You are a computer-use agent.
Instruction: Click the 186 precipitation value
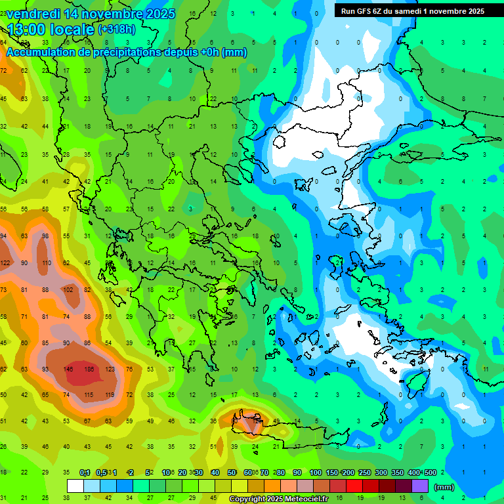tap(89, 369)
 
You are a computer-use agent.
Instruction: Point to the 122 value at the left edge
tap(5, 263)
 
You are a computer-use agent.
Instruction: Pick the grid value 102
tap(67, 289)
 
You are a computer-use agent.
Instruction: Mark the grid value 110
tap(46, 263)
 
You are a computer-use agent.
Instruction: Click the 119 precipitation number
tap(109, 395)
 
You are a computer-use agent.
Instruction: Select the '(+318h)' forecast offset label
tap(117, 30)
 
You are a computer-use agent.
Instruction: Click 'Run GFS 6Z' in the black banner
tap(365, 10)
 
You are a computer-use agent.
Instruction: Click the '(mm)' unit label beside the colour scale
tap(444, 487)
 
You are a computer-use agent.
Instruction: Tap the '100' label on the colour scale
tap(316, 472)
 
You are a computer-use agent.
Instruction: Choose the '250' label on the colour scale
tap(364, 472)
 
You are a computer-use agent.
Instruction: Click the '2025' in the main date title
tap(157, 14)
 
